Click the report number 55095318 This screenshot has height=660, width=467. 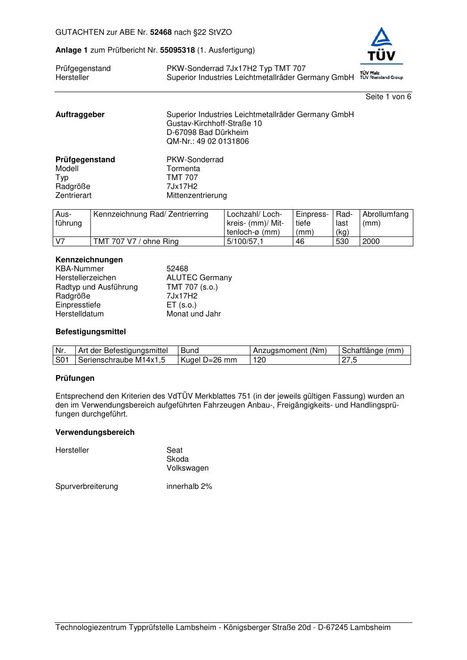click(x=177, y=50)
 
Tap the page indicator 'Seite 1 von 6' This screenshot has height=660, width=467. click(x=388, y=97)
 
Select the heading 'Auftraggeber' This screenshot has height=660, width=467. click(x=80, y=115)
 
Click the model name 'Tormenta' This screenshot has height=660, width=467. click(x=183, y=169)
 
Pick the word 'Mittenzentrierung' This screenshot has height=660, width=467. click(x=196, y=196)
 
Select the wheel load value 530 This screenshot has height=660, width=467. click(x=342, y=242)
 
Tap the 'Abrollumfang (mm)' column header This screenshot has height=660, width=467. click(x=385, y=219)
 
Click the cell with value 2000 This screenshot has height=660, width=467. click(x=371, y=242)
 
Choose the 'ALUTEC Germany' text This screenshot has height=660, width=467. click(x=199, y=278)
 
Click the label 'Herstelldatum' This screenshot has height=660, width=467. click(x=80, y=314)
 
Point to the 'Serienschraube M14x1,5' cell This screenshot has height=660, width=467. click(x=122, y=360)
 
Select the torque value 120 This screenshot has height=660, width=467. click(x=259, y=360)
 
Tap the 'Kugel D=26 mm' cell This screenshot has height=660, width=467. click(x=209, y=360)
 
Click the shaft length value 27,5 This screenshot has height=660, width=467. click(x=349, y=360)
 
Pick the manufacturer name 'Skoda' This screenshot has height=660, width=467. click(x=177, y=459)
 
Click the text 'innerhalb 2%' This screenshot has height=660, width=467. click(x=189, y=487)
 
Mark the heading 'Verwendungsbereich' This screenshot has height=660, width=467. click(x=95, y=432)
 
